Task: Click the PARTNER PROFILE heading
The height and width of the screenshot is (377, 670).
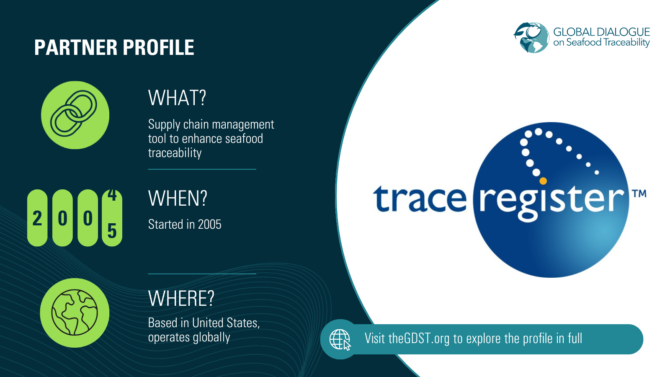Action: (114, 47)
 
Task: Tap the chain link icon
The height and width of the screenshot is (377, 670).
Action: (75, 115)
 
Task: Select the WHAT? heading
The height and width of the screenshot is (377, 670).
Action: (177, 98)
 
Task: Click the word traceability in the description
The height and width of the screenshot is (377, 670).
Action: (175, 153)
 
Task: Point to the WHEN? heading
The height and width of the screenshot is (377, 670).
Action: (178, 199)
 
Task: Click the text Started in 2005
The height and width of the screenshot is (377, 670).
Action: (185, 225)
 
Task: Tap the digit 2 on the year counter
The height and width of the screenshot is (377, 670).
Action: (37, 218)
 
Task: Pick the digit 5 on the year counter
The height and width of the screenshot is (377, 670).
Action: (112, 231)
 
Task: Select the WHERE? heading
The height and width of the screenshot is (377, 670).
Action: (181, 299)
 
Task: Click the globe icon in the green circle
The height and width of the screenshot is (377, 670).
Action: (75, 312)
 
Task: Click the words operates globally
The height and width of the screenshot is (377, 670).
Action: (189, 338)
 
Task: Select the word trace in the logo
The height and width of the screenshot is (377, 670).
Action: (420, 199)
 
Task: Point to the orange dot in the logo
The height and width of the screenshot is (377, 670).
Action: (543, 181)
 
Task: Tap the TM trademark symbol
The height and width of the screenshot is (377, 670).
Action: (639, 194)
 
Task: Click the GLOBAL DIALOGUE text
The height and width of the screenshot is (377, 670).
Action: (601, 32)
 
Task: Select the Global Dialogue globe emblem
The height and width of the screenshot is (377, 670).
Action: (531, 38)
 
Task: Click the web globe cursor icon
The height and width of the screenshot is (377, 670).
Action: (340, 339)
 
